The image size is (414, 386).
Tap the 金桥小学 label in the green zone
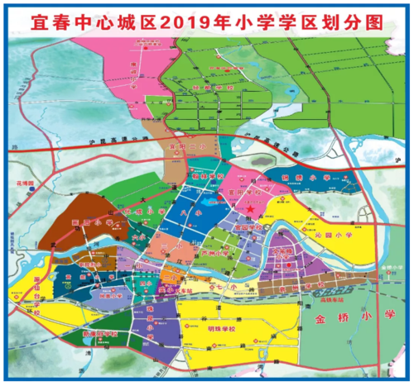click(368, 316)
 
